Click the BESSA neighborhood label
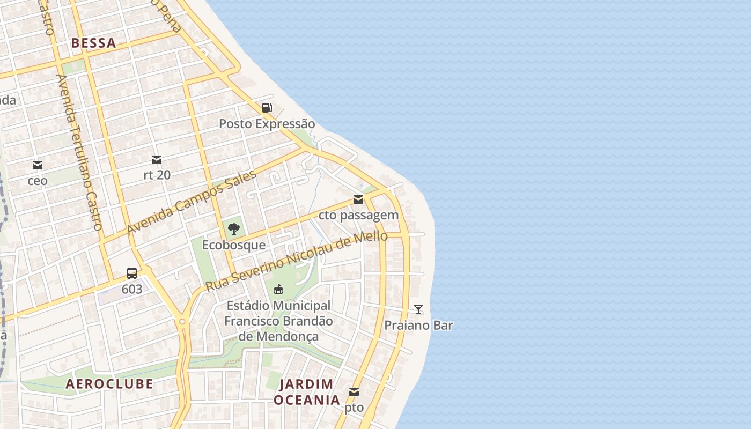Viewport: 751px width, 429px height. pyautogui.click(x=93, y=43)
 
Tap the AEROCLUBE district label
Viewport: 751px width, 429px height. pyautogui.click(x=109, y=384)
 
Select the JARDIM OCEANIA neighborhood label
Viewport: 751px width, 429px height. pyautogui.click(x=307, y=392)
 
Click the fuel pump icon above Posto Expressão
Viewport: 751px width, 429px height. pyautogui.click(x=267, y=108)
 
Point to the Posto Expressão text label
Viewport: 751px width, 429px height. pyautogui.click(x=267, y=124)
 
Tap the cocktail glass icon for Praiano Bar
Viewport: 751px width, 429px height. pyautogui.click(x=418, y=309)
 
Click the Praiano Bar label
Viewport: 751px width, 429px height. pyautogui.click(x=418, y=326)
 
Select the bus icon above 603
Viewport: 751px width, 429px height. pyautogui.click(x=132, y=273)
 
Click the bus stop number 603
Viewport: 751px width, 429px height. pyautogui.click(x=132, y=290)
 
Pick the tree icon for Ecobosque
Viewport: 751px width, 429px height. pyautogui.click(x=233, y=229)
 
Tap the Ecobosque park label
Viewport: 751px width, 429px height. pyautogui.click(x=233, y=245)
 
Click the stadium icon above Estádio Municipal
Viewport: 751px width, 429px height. pyautogui.click(x=278, y=290)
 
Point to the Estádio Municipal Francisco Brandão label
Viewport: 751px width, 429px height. pyautogui.click(x=278, y=321)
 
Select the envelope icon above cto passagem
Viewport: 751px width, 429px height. pyautogui.click(x=358, y=199)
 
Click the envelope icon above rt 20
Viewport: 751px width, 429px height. pyautogui.click(x=157, y=159)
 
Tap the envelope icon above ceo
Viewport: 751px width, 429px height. pyautogui.click(x=38, y=165)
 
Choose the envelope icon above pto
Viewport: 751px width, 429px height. pyautogui.click(x=354, y=392)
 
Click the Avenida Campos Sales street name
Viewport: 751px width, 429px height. pyautogui.click(x=191, y=203)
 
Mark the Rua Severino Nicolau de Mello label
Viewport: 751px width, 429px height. pyautogui.click(x=296, y=261)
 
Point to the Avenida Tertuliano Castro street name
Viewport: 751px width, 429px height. pyautogui.click(x=79, y=152)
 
